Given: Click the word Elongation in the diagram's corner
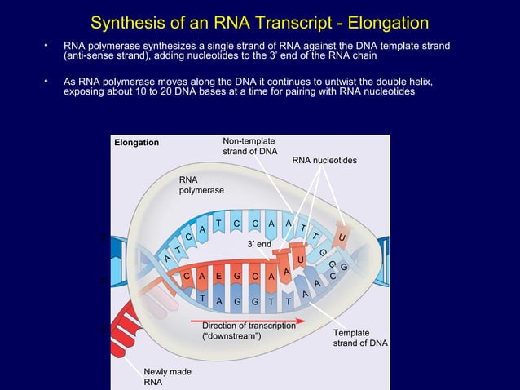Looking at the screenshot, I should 136,143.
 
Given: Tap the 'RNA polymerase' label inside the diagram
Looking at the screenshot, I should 200,184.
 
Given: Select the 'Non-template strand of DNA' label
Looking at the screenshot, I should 249,147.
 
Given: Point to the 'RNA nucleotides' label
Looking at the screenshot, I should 324,161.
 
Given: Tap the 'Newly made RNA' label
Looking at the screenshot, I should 167,377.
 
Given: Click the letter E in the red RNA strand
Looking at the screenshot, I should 218,277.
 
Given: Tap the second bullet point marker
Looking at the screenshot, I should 47,82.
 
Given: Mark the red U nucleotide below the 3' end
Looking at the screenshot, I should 301,259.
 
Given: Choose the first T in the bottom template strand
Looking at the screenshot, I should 201,299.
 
